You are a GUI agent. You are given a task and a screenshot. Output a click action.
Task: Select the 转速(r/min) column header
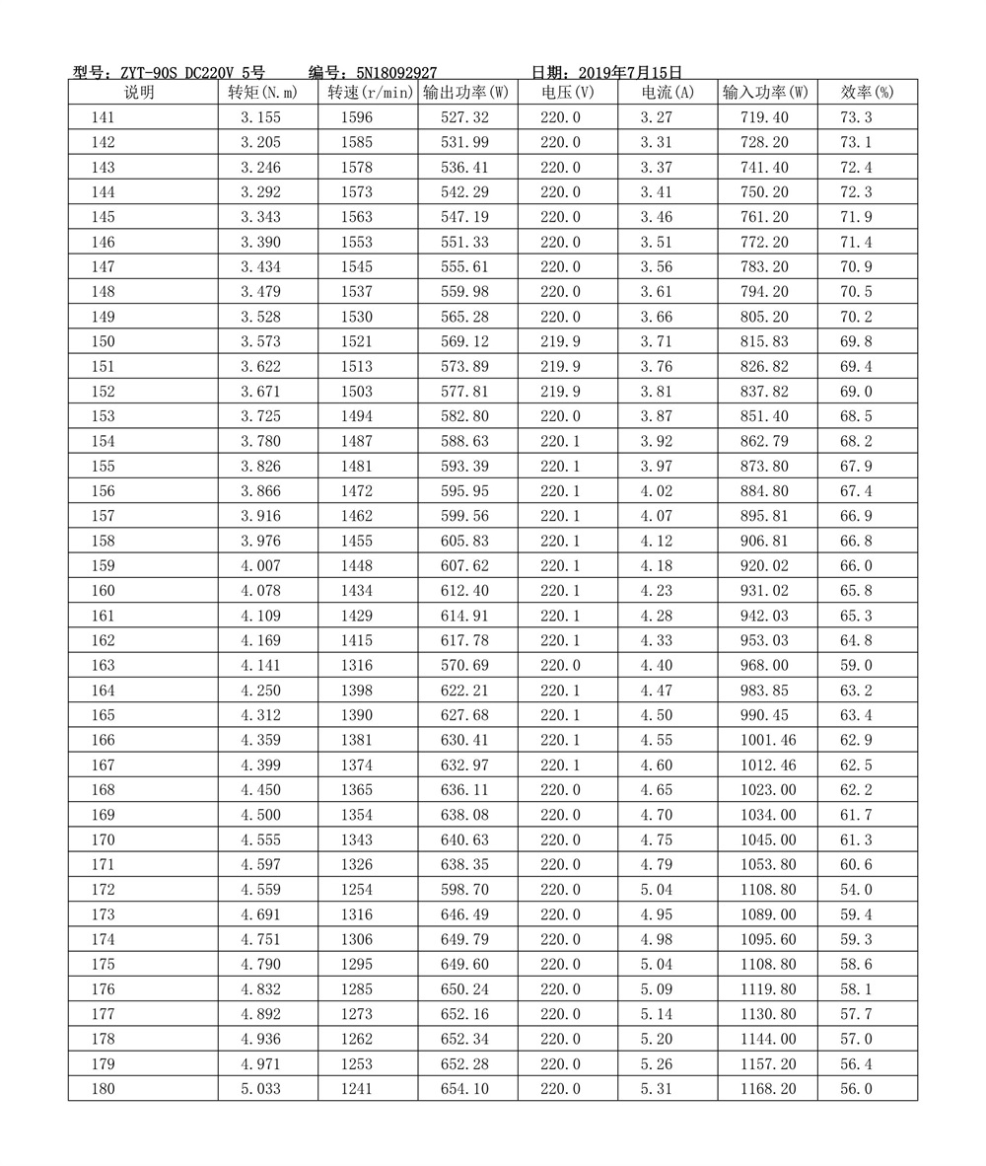(x=369, y=93)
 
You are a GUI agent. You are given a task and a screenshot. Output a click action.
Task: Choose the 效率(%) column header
(x=867, y=93)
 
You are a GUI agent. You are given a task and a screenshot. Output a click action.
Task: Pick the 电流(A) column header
(x=668, y=93)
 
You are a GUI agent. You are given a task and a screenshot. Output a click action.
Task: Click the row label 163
(x=103, y=666)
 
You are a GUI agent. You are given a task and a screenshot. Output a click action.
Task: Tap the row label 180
(x=103, y=1089)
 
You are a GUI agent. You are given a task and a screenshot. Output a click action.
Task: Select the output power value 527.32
(x=465, y=117)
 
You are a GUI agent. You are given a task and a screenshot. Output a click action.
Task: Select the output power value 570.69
(x=465, y=666)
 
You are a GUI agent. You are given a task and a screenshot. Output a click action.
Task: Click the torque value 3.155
(x=260, y=117)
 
